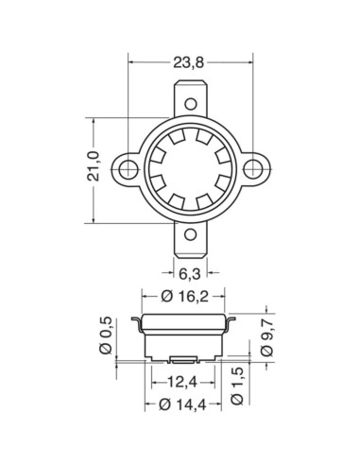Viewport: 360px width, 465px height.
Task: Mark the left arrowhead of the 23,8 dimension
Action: pyautogui.click(x=129, y=63)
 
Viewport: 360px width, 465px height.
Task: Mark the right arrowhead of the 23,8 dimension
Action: pyautogui.click(x=248, y=63)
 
